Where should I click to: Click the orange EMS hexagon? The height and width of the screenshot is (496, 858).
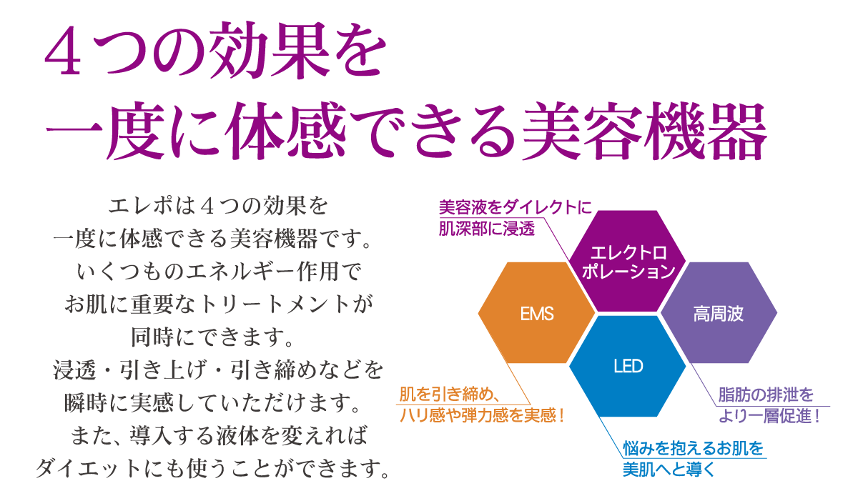pyautogui.click(x=536, y=312)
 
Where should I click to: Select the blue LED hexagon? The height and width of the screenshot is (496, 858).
pyautogui.click(x=628, y=366)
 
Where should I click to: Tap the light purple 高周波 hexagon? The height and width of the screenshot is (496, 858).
pyautogui.click(x=719, y=312)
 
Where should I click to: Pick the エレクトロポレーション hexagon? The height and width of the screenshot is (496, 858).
pyautogui.click(x=628, y=261)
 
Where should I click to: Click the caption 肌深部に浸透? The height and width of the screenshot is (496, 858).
pyautogui.click(x=486, y=229)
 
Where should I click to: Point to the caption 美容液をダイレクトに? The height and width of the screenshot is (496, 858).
pyautogui.click(x=516, y=207)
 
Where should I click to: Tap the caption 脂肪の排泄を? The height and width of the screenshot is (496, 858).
pyautogui.click(x=766, y=395)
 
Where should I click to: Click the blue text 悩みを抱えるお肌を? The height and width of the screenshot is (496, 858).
pyautogui.click(x=694, y=447)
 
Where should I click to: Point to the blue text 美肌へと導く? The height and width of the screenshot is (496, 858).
pyautogui.click(x=669, y=469)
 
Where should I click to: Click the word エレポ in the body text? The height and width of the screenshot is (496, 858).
pyautogui.click(x=137, y=206)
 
